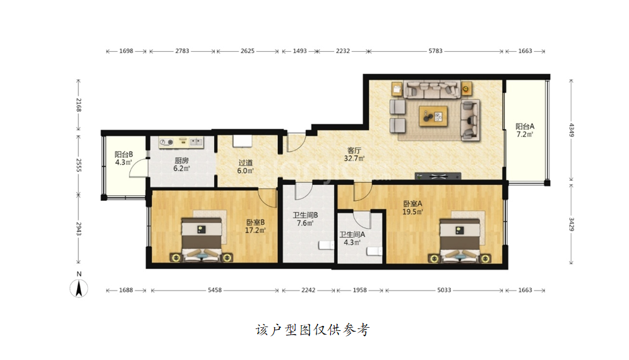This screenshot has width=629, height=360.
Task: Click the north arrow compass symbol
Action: click(79, 288)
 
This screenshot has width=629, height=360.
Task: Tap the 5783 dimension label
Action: click(435, 51)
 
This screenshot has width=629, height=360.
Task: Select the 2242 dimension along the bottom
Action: click(308, 290)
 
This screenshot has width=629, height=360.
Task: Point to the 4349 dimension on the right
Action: click(572, 129)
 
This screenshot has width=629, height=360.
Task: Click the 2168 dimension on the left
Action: click(78, 105)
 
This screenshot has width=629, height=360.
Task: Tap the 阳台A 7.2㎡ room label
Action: click(525, 131)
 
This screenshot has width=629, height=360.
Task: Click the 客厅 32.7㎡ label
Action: click(354, 154)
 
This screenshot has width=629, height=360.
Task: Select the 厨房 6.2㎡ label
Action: click(181, 165)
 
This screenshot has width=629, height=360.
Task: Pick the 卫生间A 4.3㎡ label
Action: click(352, 238)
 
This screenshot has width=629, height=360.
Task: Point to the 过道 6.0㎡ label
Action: click(246, 167)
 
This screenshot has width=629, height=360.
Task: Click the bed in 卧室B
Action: click(201, 240)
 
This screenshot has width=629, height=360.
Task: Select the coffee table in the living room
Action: click(433, 116)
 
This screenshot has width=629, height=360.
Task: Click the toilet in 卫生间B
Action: click(326, 245)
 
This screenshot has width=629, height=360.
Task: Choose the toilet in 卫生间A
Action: click(374, 251)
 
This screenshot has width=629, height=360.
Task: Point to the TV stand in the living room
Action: click(438, 176)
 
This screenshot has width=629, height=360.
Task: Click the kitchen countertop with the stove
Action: click(181, 142)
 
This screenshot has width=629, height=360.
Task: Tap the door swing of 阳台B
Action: click(138, 167)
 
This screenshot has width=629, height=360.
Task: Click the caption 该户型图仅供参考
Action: click(313, 330)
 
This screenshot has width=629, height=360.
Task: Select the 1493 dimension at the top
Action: click(299, 51)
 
